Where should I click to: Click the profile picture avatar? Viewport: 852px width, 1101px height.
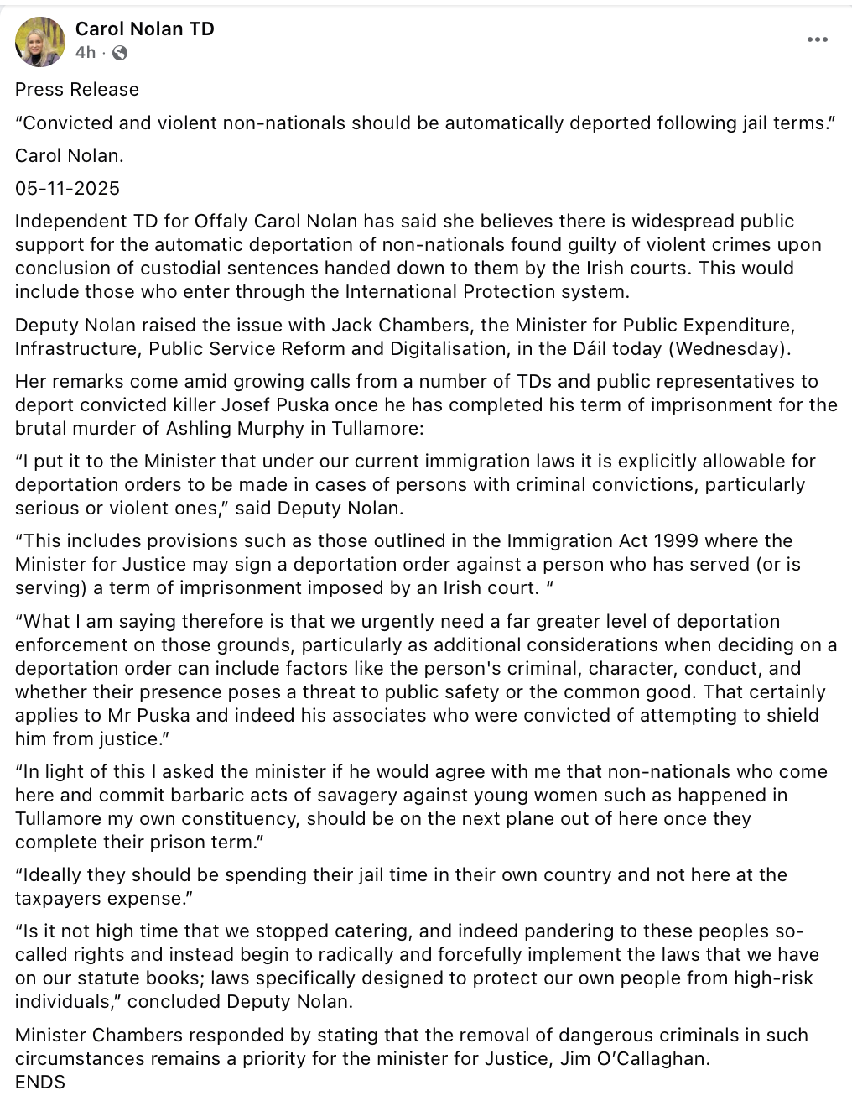pos(40,41)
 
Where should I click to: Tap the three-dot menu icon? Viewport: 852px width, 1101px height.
pos(817,40)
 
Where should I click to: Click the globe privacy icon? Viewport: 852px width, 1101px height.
pos(120,53)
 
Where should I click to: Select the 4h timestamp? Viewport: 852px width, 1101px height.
pos(85,53)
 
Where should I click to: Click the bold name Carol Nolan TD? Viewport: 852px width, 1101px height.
pos(144,29)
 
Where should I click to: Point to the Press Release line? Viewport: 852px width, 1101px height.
pos(77,90)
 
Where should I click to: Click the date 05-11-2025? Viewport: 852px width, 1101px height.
pos(67,189)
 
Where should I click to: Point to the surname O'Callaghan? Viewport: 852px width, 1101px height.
pos(659,1059)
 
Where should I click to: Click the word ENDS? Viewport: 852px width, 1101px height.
pos(40,1083)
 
